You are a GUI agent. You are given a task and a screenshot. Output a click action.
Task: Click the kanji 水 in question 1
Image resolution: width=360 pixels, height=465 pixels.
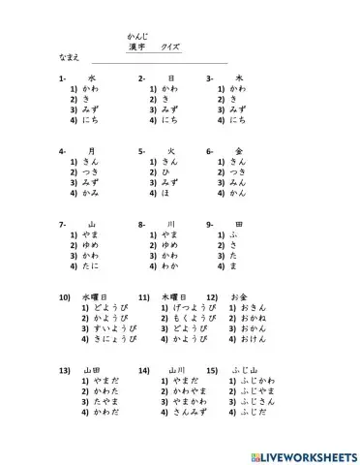click(x=92, y=77)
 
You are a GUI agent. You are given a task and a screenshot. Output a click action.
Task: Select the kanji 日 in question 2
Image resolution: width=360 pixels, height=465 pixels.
click(x=170, y=77)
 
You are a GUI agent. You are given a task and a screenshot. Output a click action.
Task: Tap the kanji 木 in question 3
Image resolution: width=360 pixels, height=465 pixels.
click(x=238, y=77)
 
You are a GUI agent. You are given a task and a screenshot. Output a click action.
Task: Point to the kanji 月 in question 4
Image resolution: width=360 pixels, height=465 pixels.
click(x=92, y=151)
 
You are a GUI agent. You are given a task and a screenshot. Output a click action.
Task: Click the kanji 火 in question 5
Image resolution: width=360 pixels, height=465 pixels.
click(x=170, y=151)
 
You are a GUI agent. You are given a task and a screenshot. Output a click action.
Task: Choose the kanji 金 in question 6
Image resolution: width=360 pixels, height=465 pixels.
click(x=238, y=151)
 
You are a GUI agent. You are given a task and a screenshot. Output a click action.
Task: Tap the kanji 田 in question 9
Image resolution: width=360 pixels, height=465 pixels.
click(x=238, y=224)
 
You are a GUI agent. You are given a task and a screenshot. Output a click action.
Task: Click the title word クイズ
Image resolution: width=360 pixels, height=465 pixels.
click(x=170, y=46)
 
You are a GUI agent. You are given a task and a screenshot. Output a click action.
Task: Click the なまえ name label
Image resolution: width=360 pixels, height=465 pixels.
click(x=70, y=59)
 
